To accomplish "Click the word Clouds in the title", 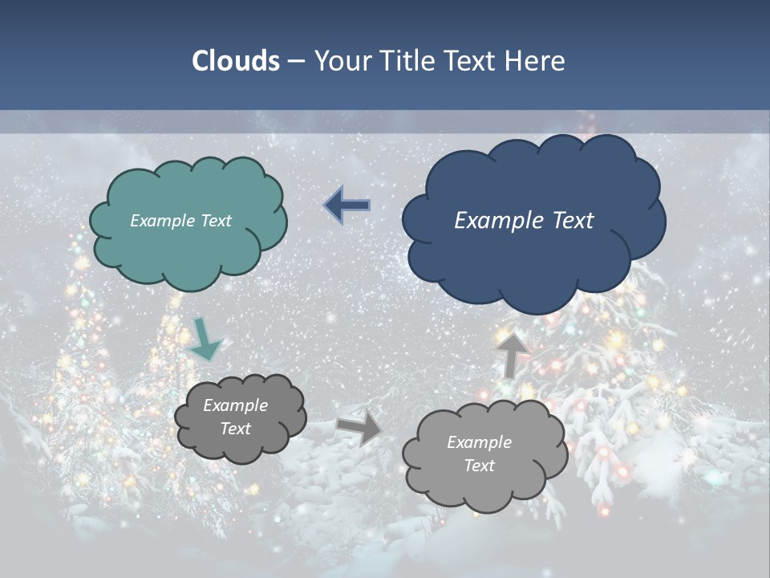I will click(235, 61).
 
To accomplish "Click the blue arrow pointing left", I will click(347, 206).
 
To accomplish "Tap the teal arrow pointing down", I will click(205, 340).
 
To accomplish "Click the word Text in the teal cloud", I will click(217, 221).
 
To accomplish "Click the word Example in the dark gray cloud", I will click(235, 405).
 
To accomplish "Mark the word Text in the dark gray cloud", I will click(235, 429).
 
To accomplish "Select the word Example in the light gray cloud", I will click(479, 442).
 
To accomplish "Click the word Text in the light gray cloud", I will click(479, 466).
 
